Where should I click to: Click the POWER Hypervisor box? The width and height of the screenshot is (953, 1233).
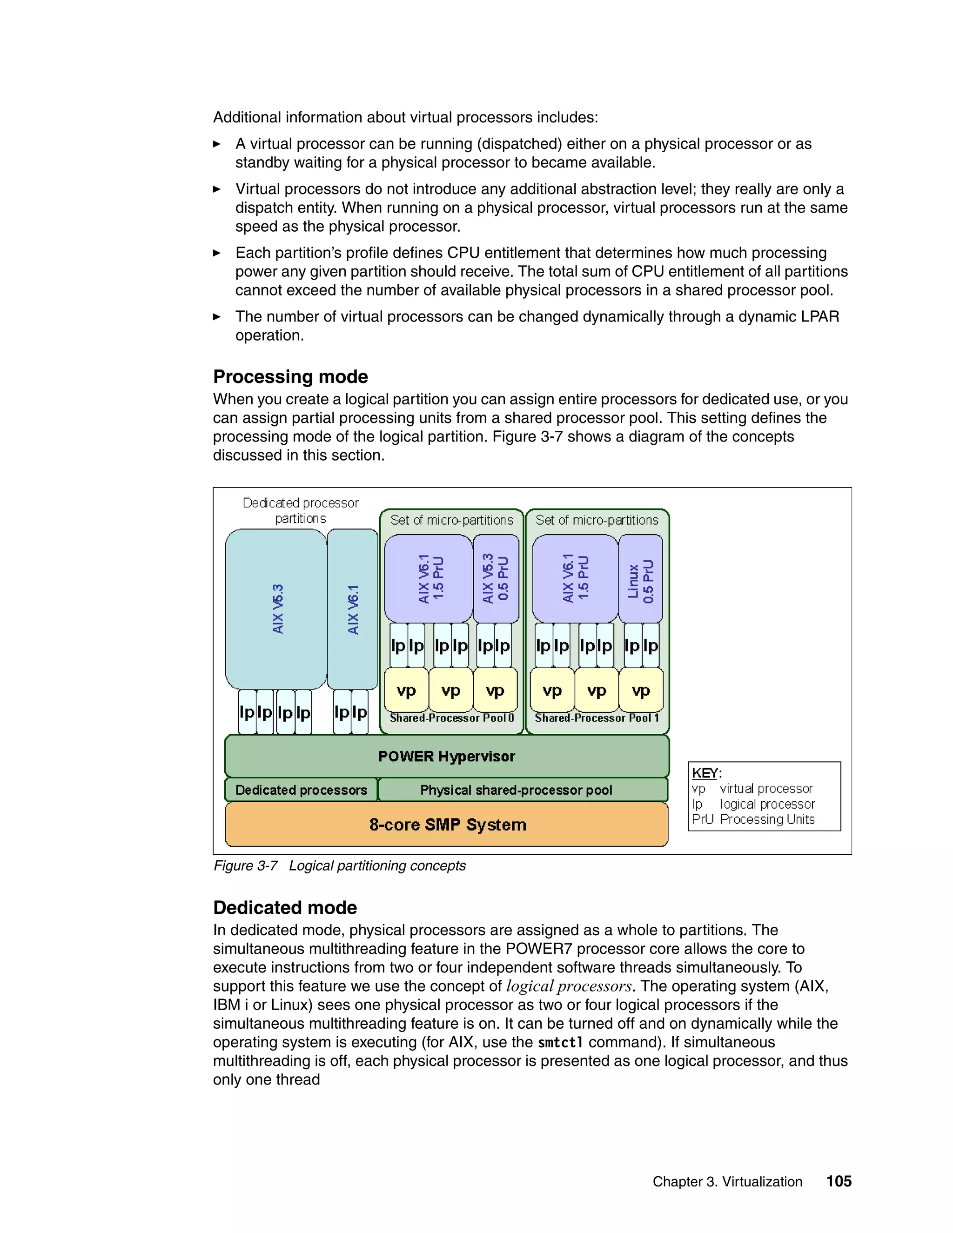pos(447,756)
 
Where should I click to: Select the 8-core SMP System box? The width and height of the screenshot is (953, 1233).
pos(447,824)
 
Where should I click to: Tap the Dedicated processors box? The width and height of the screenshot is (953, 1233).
pos(301,790)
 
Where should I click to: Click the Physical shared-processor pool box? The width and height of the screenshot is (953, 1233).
pos(516,790)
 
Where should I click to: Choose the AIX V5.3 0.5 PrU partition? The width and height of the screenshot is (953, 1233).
pos(496,579)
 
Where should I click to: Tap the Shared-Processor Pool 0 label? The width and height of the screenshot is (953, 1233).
pos(452,718)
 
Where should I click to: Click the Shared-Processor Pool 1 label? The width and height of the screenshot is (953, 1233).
pos(597,718)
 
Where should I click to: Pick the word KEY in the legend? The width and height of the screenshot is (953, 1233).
pos(705,773)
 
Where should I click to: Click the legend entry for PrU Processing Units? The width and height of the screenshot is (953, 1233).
pos(753,819)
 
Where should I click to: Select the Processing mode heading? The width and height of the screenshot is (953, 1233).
pos(290,376)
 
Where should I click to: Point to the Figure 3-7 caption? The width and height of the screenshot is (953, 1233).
pos(339,865)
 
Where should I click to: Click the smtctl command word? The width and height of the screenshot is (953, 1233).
pos(560,1042)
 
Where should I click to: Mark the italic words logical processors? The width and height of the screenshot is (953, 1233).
pos(569,986)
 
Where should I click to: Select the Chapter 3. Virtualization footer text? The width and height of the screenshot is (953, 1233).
pos(727,1182)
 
